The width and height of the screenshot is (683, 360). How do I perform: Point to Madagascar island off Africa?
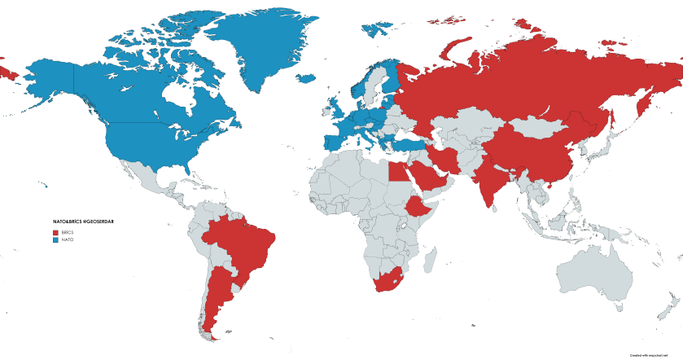[435, 260]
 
